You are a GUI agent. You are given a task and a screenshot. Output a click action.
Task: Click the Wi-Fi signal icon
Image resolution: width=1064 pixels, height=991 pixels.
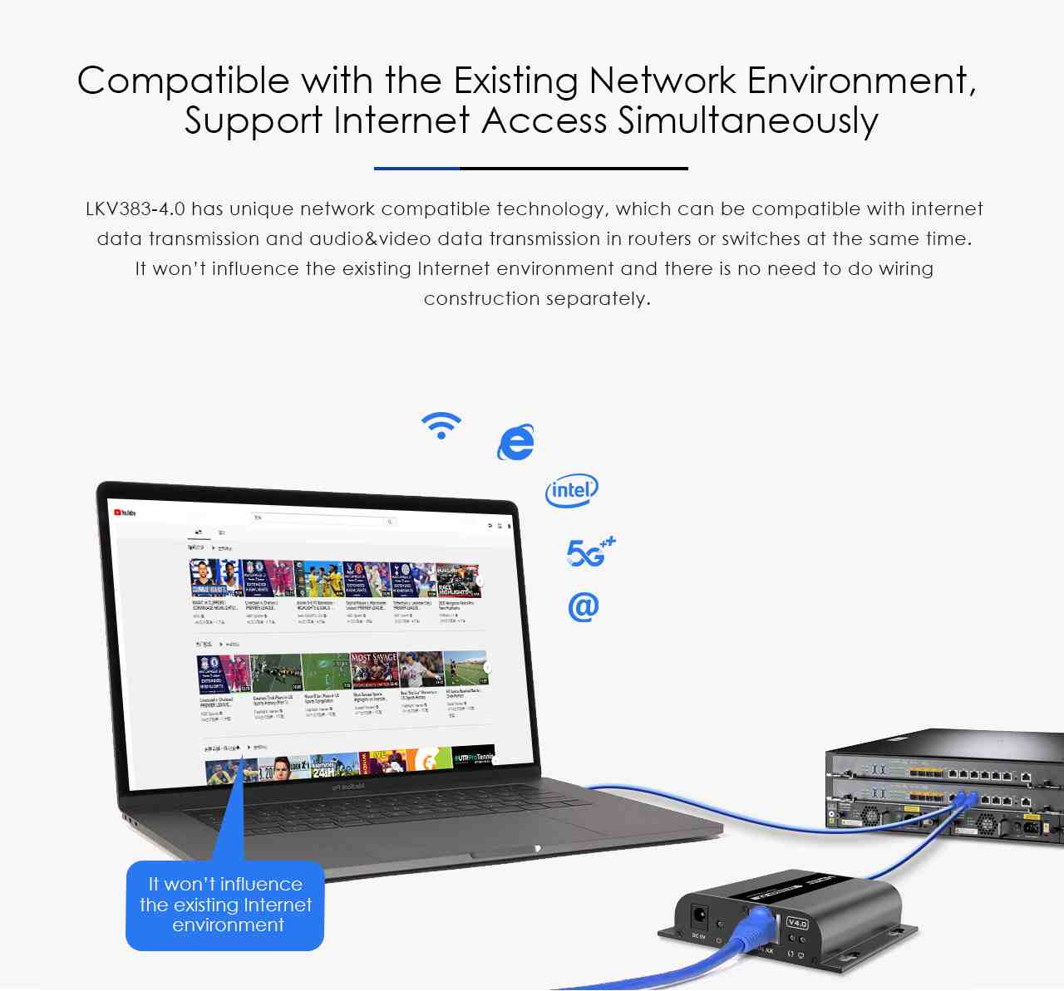tap(441, 424)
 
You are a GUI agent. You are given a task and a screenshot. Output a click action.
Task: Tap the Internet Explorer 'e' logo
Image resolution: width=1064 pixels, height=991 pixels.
tap(515, 442)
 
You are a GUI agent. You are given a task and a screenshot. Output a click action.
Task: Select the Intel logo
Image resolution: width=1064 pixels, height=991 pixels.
tap(571, 491)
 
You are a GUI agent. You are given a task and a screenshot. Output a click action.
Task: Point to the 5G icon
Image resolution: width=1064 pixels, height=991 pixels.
tap(589, 552)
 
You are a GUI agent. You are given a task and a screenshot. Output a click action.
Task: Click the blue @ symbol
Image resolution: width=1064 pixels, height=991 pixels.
tap(583, 606)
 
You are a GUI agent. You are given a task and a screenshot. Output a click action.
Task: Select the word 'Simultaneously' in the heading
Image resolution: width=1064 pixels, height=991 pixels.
tap(747, 120)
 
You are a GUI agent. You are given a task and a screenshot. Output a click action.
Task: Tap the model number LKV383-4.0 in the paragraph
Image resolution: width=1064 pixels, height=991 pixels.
tap(135, 209)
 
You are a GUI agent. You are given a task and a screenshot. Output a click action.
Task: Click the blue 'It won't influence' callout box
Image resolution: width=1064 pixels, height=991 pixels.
tap(224, 905)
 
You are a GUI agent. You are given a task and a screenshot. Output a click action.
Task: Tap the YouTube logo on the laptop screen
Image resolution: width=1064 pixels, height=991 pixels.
tap(125, 513)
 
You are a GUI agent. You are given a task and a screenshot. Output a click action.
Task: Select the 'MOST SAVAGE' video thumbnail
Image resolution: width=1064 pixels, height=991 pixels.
tap(374, 670)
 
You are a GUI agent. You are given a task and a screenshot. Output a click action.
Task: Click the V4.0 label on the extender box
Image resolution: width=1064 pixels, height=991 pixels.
tap(797, 923)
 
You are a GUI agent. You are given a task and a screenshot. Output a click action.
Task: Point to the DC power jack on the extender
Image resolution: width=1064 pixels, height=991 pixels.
tap(700, 917)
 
